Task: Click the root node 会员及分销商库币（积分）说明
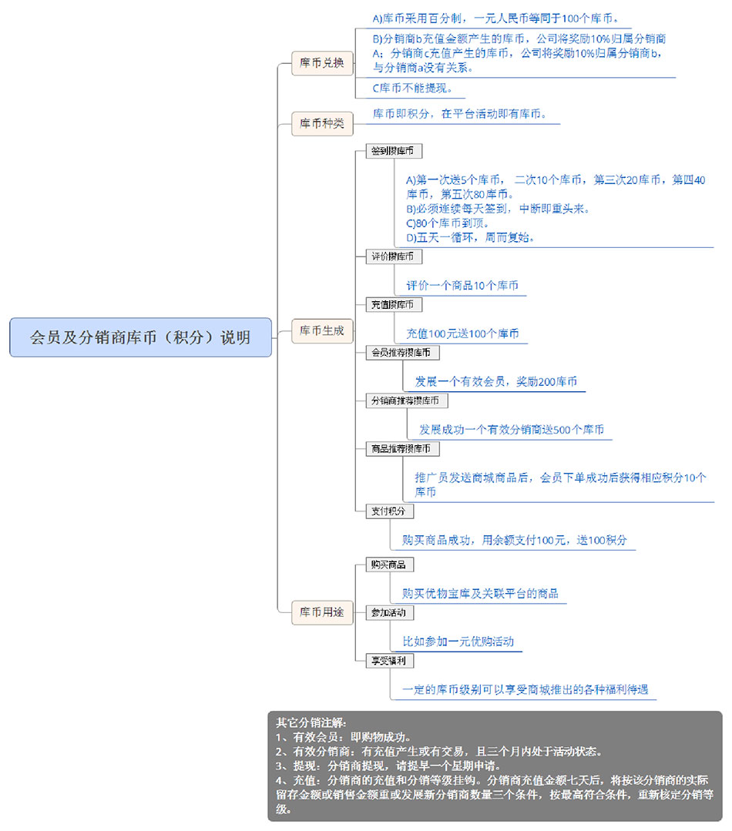coord(140,337)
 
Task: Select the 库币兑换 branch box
coord(322,63)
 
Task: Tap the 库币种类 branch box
coord(322,123)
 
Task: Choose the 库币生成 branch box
coord(322,330)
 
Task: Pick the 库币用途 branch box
coord(322,612)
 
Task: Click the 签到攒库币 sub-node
coord(394,151)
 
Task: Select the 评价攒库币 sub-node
coord(394,256)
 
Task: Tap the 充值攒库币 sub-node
coord(394,305)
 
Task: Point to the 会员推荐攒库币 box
coord(402,353)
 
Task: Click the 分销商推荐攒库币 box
coord(407,400)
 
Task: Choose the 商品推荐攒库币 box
coord(402,449)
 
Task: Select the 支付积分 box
coord(390,511)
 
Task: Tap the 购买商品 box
coord(390,565)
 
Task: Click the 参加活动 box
coord(390,613)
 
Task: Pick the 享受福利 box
coord(390,661)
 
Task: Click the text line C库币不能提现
coord(412,88)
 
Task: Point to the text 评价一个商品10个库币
coord(462,286)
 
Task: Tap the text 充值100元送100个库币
coord(462,334)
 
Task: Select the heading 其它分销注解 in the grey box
coord(311,722)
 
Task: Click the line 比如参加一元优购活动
coord(458,642)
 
